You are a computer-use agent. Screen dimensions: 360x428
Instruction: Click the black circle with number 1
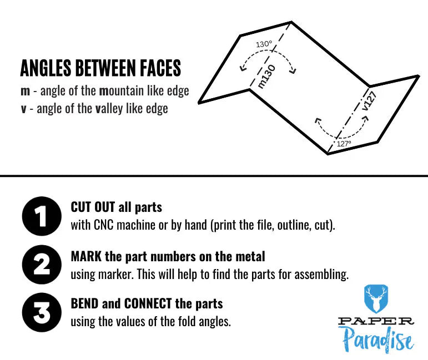[x=42, y=216]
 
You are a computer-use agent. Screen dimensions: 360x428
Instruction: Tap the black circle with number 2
[x=42, y=265]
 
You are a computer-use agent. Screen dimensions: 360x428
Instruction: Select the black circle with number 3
[x=42, y=312]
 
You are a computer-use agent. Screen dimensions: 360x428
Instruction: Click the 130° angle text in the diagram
[x=264, y=44]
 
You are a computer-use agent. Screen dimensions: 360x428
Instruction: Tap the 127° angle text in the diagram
[x=344, y=143]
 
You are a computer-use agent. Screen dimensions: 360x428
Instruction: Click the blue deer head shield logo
[x=376, y=299]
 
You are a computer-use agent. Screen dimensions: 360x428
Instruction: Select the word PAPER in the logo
[x=376, y=321]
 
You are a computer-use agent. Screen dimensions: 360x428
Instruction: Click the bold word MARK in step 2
[x=84, y=256]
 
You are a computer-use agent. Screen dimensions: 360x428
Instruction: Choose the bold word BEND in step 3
[x=84, y=304]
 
